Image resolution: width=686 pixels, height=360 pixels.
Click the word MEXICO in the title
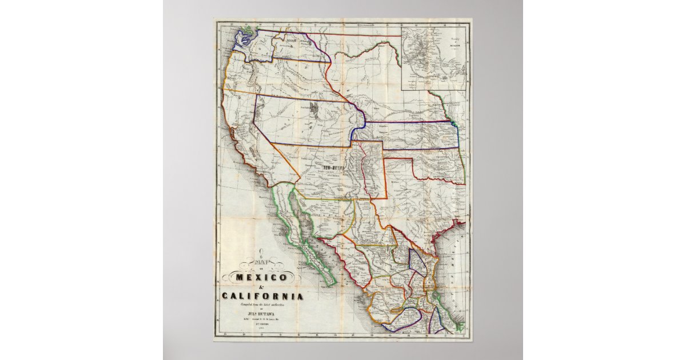[x=261, y=277]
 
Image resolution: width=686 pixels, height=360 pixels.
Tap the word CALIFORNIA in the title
[x=261, y=296]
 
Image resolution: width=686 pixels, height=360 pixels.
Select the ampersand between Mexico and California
[x=261, y=287]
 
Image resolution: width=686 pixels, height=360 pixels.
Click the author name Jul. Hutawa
[x=261, y=313]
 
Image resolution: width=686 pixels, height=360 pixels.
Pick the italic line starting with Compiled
[x=261, y=307]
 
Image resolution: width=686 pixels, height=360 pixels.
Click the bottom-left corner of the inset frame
[x=401, y=91]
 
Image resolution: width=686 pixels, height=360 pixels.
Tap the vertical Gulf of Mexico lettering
[x=461, y=263]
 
